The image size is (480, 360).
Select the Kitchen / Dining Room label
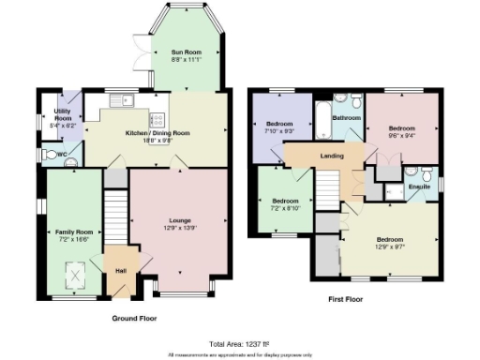pos(156,134)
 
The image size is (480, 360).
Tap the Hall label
pos(120,270)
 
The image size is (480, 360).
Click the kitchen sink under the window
pos(120,100)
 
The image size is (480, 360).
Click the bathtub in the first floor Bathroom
pos(324,119)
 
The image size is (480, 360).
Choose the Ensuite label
pos(418,187)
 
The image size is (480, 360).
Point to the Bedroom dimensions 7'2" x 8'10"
pos(284,208)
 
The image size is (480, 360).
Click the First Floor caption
pos(346,300)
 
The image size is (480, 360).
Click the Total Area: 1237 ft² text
pos(238,343)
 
